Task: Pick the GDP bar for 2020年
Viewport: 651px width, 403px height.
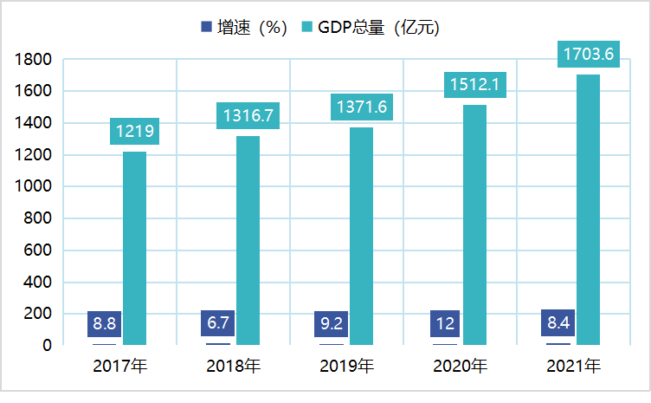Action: (474, 225)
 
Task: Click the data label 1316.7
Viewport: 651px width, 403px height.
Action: (248, 115)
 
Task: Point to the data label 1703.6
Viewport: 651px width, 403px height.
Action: (588, 55)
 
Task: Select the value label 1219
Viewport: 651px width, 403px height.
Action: (134, 132)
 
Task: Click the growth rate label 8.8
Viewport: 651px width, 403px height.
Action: (105, 324)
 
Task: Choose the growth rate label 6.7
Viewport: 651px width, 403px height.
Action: (217, 324)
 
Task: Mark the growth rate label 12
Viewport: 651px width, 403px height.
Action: (445, 324)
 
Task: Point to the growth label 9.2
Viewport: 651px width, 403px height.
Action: (332, 324)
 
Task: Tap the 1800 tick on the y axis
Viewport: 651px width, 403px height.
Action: (34, 60)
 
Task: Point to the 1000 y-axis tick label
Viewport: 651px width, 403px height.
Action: (34, 187)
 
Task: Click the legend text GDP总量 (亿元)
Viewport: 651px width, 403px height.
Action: (378, 28)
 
